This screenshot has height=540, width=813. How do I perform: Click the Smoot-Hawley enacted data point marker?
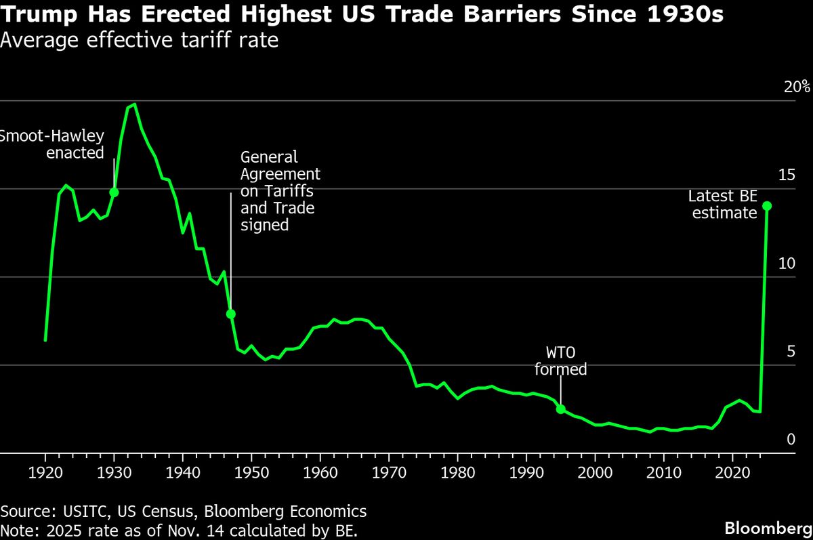[x=114, y=192]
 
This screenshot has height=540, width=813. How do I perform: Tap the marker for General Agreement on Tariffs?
[x=230, y=314]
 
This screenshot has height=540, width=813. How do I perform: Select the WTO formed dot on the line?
[x=560, y=409]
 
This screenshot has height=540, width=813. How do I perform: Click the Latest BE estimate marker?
[x=767, y=205]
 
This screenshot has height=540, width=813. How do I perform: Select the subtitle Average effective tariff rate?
[x=139, y=41]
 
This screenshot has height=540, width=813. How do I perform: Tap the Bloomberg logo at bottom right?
[x=768, y=528]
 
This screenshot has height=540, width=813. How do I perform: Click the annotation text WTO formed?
[x=560, y=361]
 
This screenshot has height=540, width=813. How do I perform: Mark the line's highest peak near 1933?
[x=134, y=104]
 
